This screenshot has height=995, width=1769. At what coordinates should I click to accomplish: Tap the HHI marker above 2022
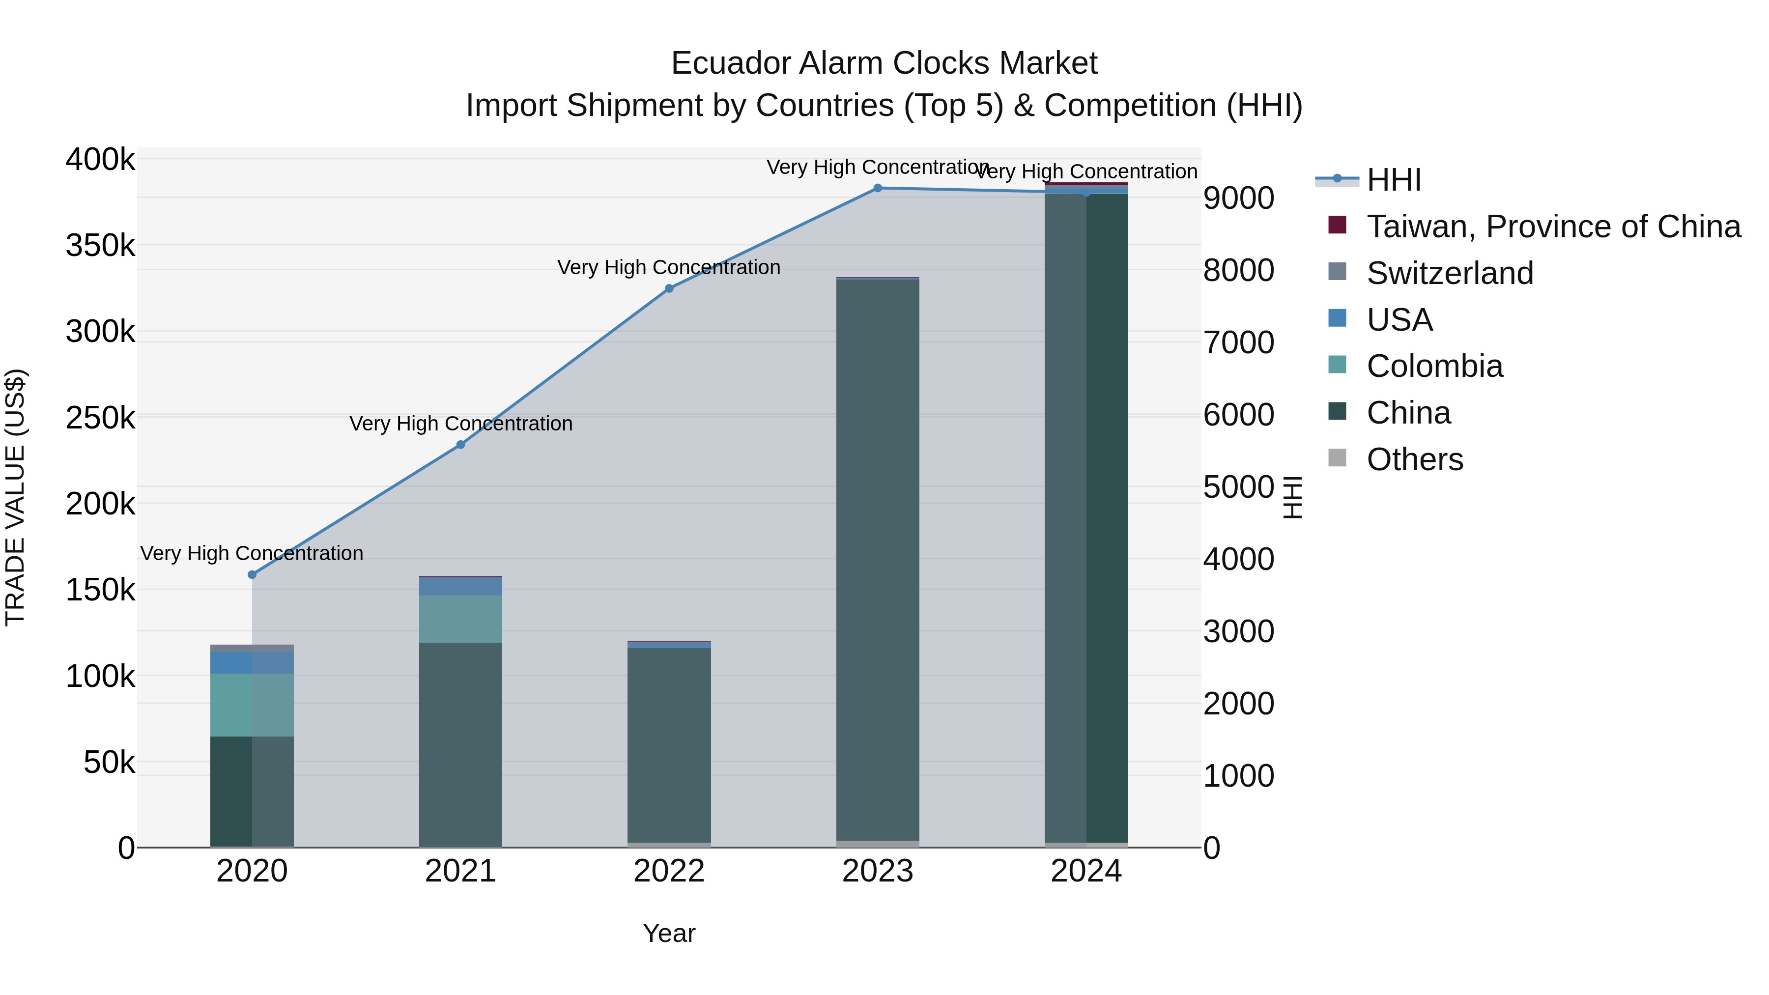pos(669,288)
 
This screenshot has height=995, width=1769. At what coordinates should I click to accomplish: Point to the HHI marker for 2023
pos(878,188)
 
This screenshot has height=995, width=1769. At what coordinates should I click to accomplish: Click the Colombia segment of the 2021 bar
pos(461,619)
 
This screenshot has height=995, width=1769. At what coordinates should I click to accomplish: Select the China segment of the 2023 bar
pos(878,560)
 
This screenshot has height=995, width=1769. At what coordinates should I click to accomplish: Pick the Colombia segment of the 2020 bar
pos(252,705)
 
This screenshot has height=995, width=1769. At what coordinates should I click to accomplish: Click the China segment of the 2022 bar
pos(669,745)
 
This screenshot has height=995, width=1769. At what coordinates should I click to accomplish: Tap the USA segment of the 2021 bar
pos(461,586)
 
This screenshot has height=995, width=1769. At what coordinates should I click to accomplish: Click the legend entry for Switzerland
pos(1450,273)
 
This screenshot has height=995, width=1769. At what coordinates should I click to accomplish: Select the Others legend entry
pos(1415,459)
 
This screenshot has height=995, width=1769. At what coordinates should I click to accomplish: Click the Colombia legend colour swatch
pos(1337,365)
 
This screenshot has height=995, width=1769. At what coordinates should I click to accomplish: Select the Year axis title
pos(669,933)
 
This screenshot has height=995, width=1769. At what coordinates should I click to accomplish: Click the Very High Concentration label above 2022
pos(669,267)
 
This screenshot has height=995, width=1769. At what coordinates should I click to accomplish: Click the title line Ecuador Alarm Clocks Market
pos(884,63)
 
